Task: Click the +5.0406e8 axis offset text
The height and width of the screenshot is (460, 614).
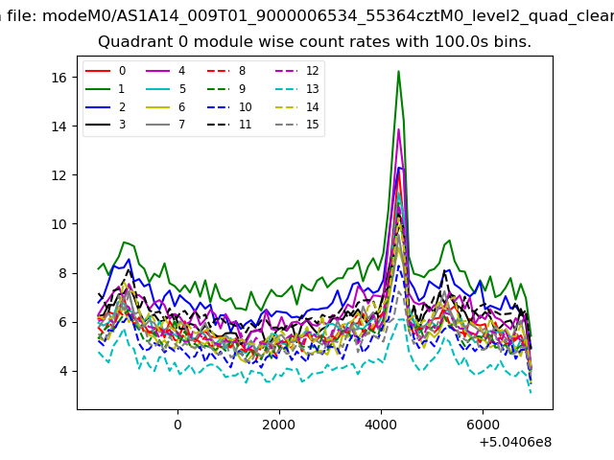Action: click(x=514, y=442)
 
